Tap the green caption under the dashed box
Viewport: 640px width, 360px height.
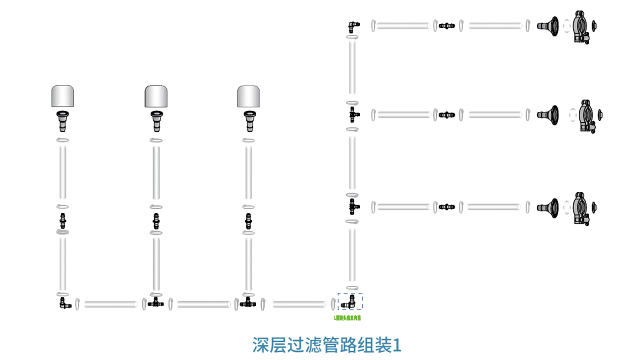[347, 317]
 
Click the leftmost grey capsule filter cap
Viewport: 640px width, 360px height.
[62, 96]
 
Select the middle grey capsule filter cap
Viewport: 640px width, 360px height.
[156, 96]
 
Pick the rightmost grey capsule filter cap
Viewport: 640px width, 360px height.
[248, 96]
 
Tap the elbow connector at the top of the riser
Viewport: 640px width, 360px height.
[353, 25]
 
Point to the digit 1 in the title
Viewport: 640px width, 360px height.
[397, 345]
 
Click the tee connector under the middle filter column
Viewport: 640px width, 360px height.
[156, 302]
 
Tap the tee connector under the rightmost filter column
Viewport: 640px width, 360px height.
[248, 302]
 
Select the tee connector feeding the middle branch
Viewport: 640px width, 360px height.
[353, 114]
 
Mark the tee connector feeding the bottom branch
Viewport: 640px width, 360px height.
[353, 206]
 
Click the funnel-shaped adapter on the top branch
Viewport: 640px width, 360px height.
[548, 25]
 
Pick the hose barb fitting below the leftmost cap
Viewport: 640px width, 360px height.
[62, 120]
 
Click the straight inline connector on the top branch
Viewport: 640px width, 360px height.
[447, 25]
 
